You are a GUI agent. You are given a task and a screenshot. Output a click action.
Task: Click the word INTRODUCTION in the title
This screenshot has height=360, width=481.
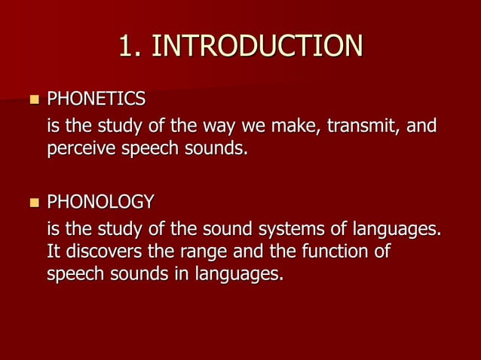(256, 47)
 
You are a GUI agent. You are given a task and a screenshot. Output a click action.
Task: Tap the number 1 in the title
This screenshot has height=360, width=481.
(126, 47)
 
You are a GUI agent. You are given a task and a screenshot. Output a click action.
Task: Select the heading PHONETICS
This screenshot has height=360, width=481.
(97, 99)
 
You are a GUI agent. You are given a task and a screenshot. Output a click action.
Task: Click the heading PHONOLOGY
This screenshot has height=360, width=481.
(100, 202)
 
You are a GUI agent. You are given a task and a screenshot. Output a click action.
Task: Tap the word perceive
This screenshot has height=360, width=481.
(82, 149)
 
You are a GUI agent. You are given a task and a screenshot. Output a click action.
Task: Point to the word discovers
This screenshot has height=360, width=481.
(104, 251)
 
